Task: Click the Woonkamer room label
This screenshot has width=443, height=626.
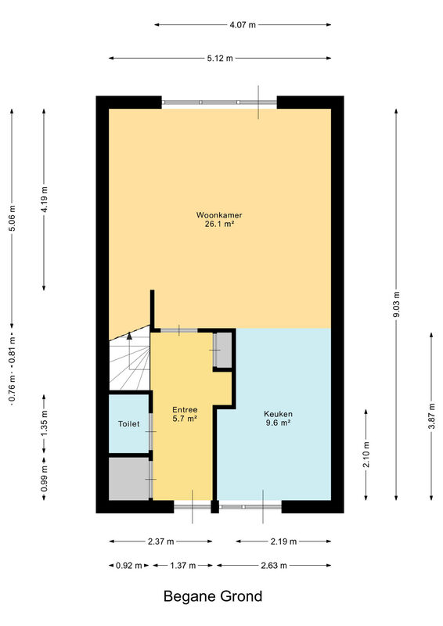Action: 219,214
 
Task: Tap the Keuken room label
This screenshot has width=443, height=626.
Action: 278,414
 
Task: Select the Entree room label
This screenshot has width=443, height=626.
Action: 185,409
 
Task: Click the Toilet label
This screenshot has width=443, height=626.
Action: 128,423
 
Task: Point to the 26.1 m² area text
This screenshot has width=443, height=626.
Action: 219,224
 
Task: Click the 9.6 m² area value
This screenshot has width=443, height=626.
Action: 278,423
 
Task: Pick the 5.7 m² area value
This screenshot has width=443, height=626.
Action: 185,419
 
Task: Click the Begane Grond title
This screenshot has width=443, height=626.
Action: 213,596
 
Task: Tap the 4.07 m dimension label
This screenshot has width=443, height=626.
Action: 243,25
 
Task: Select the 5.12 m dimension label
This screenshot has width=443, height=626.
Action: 220,58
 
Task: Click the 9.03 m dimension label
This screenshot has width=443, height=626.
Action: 396,304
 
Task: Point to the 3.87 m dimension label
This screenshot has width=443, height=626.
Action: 431,416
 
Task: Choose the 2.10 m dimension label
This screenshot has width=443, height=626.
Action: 366,455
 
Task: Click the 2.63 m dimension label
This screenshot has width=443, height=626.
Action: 274,565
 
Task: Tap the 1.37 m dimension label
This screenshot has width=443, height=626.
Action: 182,565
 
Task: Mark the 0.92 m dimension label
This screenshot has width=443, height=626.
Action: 128,565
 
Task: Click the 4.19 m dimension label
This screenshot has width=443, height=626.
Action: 45,200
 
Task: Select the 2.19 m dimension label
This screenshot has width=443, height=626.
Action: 283,541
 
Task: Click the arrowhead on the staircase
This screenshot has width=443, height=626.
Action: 129,336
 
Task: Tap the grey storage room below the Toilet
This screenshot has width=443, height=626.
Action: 129,478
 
